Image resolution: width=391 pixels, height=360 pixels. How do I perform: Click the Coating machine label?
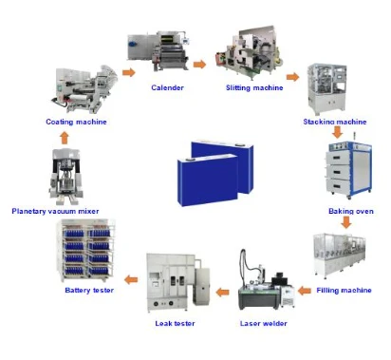click(x=76, y=122)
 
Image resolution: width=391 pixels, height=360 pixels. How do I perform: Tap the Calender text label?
click(x=167, y=87)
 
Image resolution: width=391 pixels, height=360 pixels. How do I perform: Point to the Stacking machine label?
click(x=334, y=122)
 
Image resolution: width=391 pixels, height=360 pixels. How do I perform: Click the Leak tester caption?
click(x=175, y=323)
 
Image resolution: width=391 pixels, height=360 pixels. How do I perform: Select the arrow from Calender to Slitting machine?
click(x=199, y=65)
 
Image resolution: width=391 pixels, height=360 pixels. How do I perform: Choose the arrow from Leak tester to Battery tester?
click(x=131, y=279)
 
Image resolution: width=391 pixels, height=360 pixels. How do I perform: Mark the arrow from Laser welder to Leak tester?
click(x=220, y=289)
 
